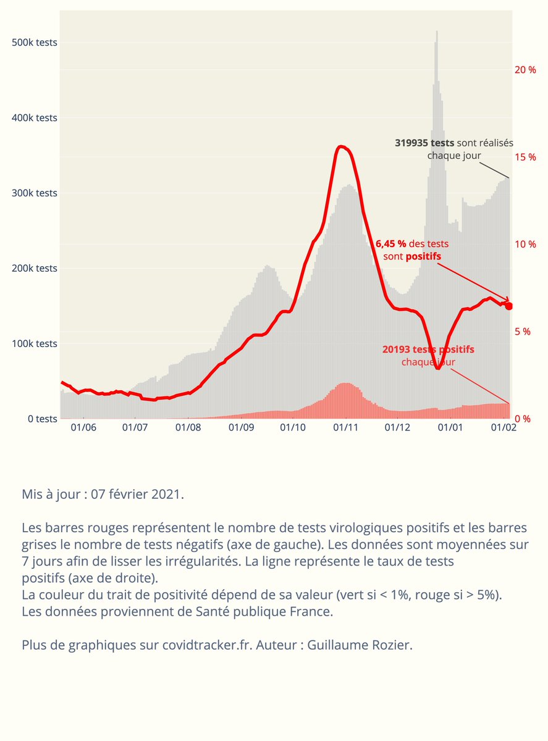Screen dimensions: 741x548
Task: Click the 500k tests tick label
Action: tap(35, 43)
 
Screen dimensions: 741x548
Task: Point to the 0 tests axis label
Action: tap(38, 419)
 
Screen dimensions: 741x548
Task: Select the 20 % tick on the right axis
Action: tap(525, 69)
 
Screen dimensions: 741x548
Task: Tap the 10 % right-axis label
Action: tap(525, 244)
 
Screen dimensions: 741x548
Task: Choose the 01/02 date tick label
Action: tap(503, 427)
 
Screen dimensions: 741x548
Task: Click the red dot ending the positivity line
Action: tap(509, 306)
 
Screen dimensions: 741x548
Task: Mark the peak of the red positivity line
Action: tap(342, 146)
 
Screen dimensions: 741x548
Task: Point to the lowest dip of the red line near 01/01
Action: tap(437, 368)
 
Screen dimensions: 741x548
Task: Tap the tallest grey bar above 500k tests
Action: tap(437, 32)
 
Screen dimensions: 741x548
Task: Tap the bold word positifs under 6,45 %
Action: tap(423, 256)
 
